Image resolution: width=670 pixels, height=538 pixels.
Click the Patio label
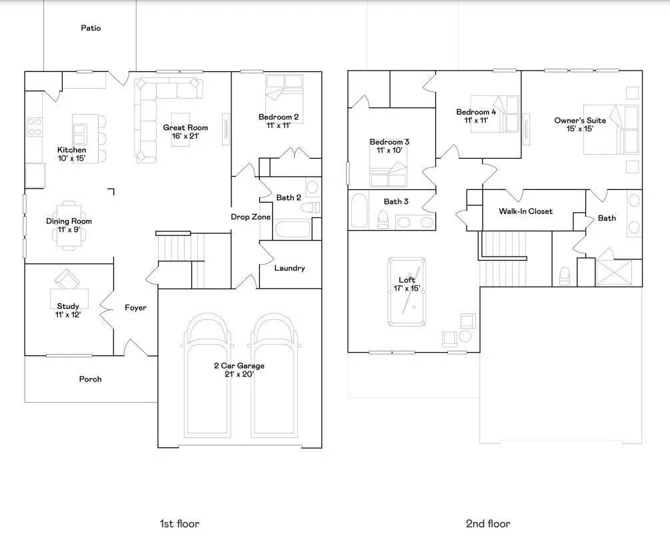pos(91,28)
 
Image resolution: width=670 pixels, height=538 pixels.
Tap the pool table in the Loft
pos(407,291)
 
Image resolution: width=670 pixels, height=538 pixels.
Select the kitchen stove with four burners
pos(35,127)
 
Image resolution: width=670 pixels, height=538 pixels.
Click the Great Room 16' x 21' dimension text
pos(185,136)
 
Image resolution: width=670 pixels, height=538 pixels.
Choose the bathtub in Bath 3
pos(359,210)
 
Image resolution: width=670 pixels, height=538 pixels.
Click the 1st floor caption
pos(179,523)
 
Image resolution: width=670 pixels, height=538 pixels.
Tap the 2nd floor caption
pos(488,523)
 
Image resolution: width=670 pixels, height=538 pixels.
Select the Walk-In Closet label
pos(525,211)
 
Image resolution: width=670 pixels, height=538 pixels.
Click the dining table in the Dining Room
pos(69,225)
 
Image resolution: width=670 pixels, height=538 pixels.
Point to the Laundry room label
pos(289,269)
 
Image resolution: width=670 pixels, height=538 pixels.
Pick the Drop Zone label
pos(251,217)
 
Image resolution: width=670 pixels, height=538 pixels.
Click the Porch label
pos(90,379)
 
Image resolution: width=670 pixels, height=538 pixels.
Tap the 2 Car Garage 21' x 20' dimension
pos(239,375)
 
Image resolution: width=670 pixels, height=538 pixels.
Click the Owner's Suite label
pos(580,121)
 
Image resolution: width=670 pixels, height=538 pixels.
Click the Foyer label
pos(135,308)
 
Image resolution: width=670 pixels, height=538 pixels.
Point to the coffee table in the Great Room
pos(181,129)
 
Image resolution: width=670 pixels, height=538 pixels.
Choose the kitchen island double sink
pos(79,134)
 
